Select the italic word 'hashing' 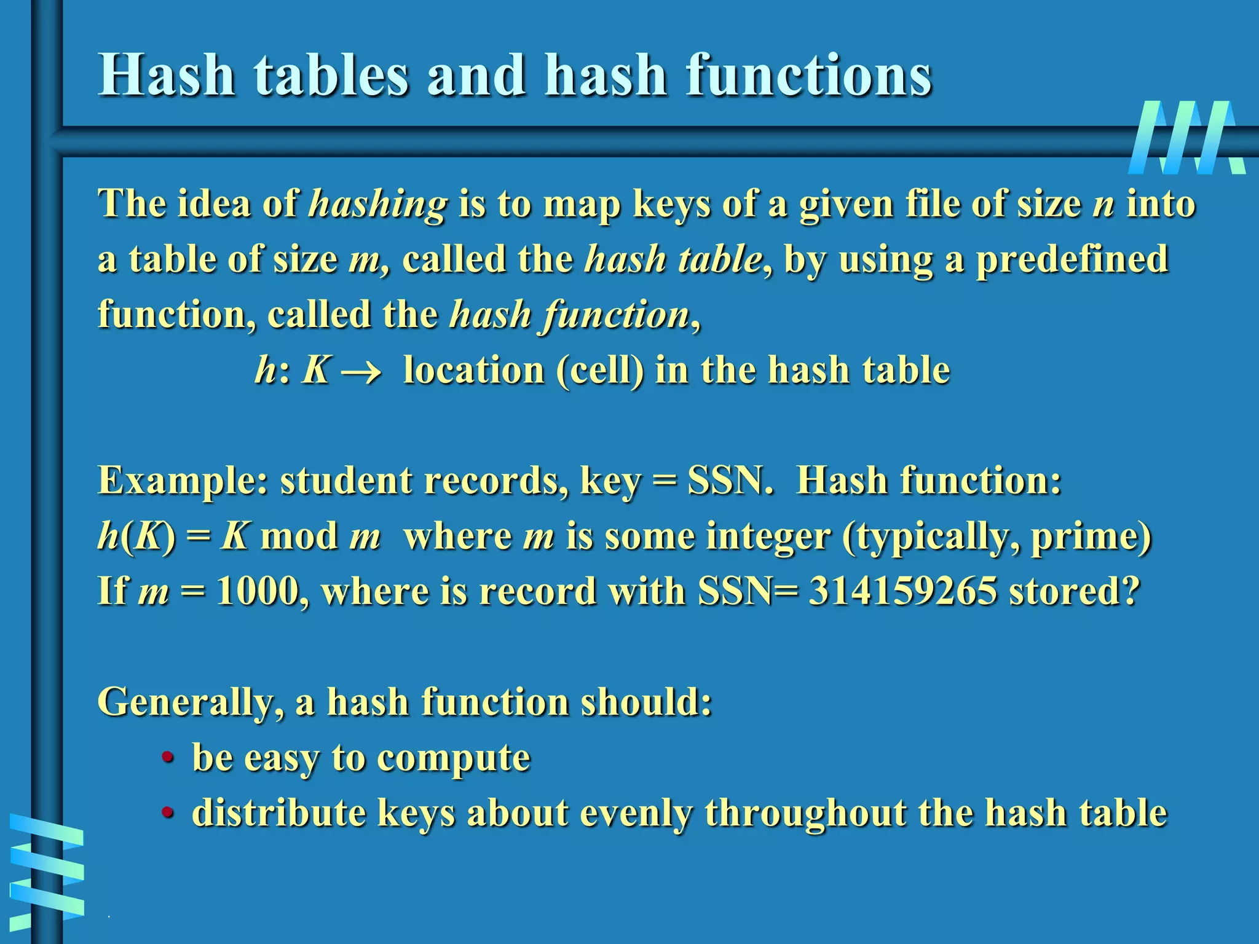click(x=378, y=204)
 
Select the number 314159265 click(x=902, y=591)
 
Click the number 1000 click(x=258, y=591)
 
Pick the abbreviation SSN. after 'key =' click(x=730, y=481)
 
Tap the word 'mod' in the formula click(x=299, y=536)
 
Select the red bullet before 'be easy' click(x=167, y=757)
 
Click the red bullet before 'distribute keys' click(x=167, y=812)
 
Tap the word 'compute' click(x=453, y=758)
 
